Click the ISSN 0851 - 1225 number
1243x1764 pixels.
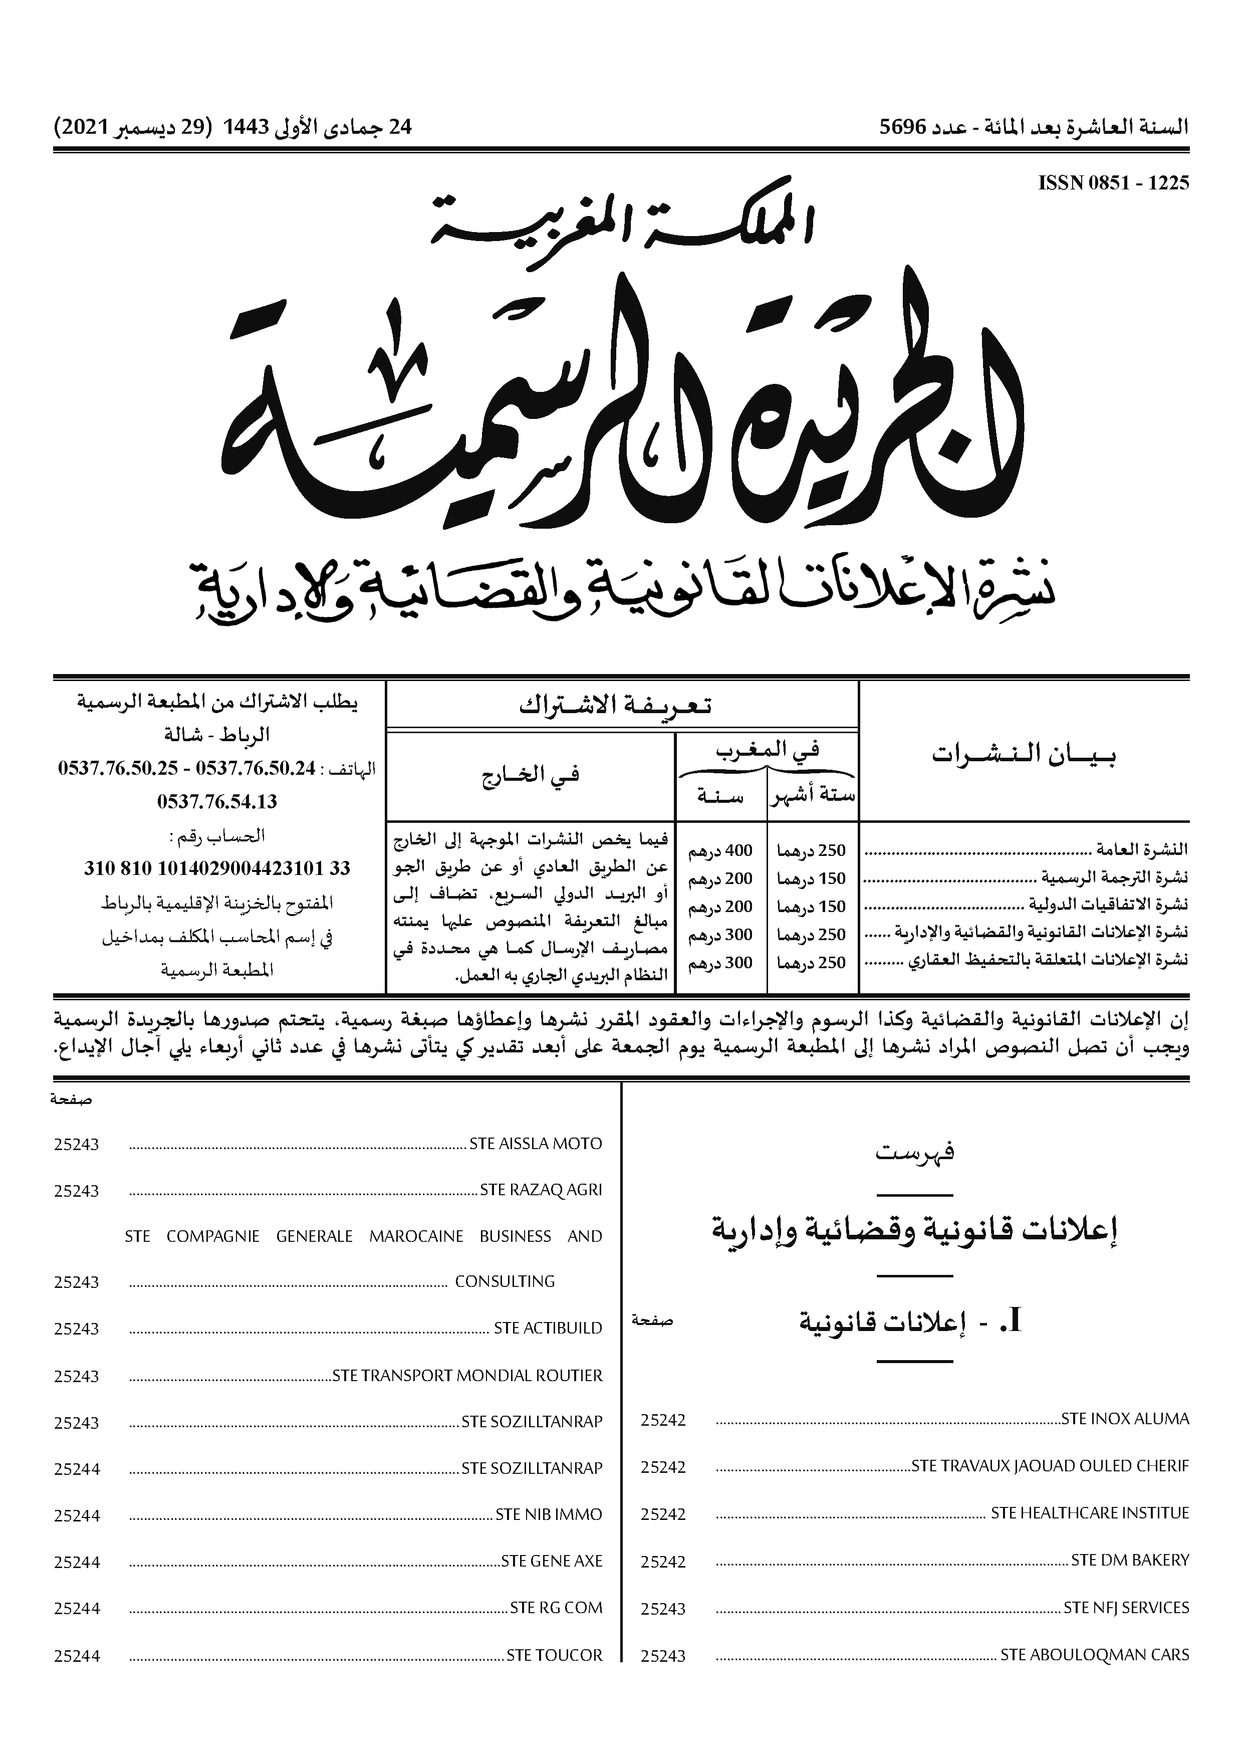(1113, 183)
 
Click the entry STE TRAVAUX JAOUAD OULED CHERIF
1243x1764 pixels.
(1050, 1466)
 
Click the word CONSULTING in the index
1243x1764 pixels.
(505, 1281)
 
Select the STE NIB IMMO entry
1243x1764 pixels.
(549, 1515)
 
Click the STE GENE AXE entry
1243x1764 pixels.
(552, 1561)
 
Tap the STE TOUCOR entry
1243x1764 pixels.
(554, 1655)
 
